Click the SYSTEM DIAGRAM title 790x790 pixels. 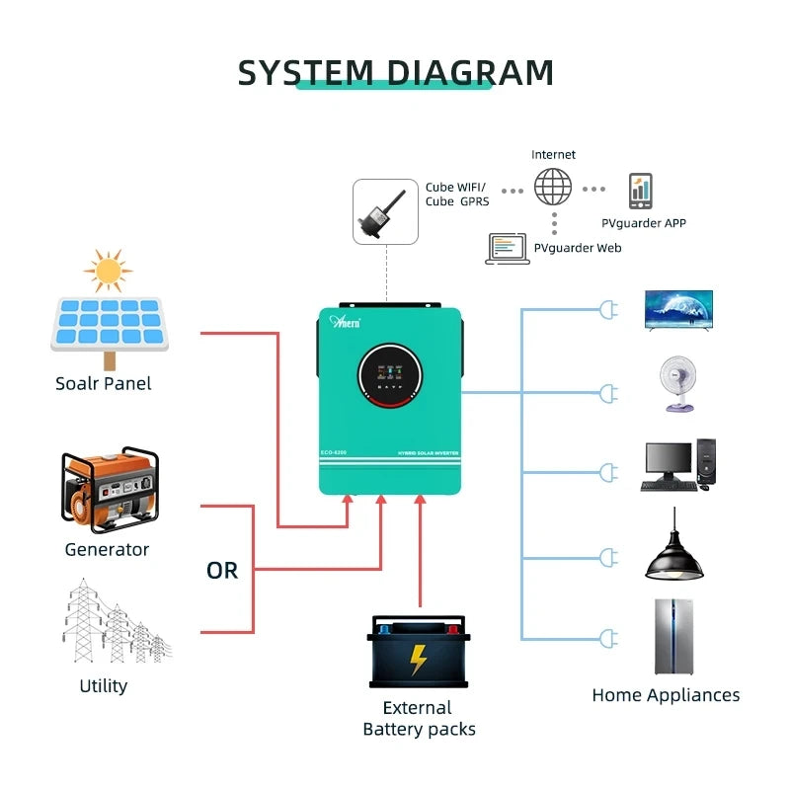click(x=396, y=73)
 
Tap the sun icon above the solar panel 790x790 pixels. click(x=108, y=270)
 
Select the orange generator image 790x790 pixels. click(x=109, y=490)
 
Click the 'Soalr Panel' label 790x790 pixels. click(x=104, y=383)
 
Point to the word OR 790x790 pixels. click(x=222, y=571)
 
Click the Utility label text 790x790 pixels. click(x=104, y=685)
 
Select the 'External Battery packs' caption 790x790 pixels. click(x=419, y=719)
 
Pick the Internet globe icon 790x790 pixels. click(x=553, y=187)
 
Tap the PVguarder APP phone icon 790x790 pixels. click(x=641, y=190)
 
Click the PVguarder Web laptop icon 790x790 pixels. click(x=508, y=248)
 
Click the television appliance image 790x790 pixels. click(x=677, y=309)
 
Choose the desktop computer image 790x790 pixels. click(x=678, y=465)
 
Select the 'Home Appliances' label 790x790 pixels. click(x=666, y=695)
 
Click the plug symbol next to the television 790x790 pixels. click(x=607, y=310)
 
